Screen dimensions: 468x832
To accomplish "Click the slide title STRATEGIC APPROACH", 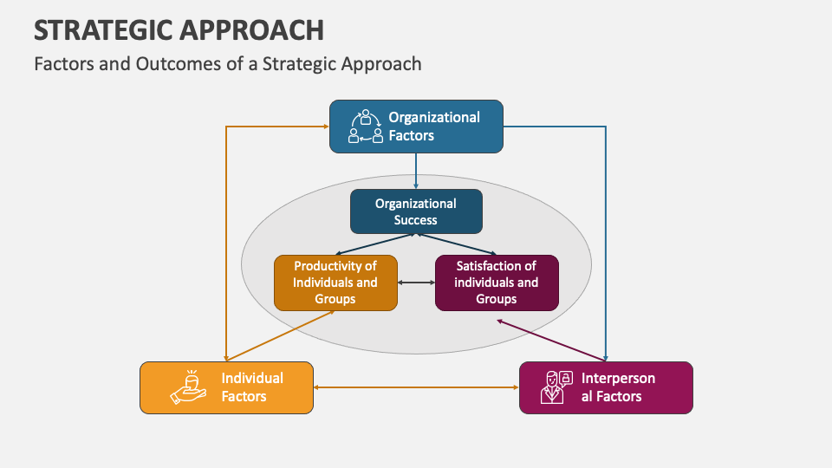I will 179,29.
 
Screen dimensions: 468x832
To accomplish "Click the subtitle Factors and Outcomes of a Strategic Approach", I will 227,63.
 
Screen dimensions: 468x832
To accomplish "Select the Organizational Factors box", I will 416,127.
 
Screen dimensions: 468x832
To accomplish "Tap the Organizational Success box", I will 416,211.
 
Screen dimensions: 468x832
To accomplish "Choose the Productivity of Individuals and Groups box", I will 335,283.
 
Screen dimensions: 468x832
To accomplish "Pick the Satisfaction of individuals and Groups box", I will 497,283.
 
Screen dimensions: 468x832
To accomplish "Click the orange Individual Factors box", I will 226,387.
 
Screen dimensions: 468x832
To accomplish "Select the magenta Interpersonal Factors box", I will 606,387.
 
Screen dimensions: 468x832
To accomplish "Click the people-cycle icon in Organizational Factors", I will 365,127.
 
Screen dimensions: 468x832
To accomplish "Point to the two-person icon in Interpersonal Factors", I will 556,387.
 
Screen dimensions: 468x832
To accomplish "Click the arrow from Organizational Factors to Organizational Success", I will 416,171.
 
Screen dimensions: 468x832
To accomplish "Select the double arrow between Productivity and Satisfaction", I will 416,283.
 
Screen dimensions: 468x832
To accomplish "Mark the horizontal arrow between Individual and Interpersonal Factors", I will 416,387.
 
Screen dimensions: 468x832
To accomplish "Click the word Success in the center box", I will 416,220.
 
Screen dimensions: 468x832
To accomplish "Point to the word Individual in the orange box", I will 252,378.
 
